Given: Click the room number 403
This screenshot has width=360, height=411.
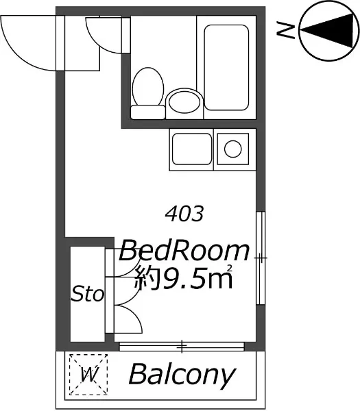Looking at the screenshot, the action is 184,213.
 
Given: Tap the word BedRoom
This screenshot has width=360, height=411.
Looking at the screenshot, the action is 184,251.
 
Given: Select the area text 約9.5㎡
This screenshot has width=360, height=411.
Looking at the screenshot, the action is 184,277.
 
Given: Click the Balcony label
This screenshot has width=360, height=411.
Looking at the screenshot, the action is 182,375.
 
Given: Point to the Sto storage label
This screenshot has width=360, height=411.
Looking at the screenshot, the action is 88,293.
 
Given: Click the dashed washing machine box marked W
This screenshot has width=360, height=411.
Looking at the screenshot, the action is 88,375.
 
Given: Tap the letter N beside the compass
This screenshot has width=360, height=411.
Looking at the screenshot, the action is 285,32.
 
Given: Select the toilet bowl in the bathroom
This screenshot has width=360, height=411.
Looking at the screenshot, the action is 147,86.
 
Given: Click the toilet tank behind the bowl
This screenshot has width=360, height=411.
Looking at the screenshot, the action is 148,112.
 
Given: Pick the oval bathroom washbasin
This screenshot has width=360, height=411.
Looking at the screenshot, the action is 184,101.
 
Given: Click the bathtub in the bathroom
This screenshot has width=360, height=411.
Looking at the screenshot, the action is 226,67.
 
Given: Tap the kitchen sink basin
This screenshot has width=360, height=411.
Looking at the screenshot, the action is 192,149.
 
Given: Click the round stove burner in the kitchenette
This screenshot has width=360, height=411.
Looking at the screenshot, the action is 232,149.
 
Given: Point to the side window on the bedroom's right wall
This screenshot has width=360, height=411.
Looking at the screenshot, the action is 261,258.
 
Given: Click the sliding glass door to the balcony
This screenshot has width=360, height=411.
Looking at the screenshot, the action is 182,346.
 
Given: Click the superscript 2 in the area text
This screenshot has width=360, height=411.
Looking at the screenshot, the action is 230,268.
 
